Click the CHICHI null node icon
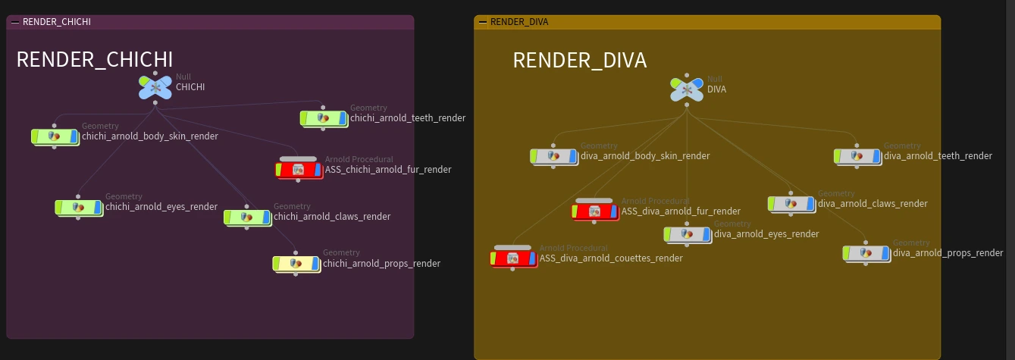coord(155,87)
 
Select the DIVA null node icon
coord(687,89)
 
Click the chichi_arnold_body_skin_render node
coord(55,136)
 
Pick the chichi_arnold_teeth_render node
coord(324,118)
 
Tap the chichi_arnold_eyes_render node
coord(79,208)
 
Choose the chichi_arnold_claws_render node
coord(247,218)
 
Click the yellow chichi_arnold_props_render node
coord(296,264)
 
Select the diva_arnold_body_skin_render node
coord(554,157)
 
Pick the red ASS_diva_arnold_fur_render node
coord(595,211)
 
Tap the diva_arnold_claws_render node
coord(791,204)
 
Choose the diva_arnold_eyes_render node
coord(688,234)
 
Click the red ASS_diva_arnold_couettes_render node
coord(513,258)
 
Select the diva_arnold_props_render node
coord(866,254)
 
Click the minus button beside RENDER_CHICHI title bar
coord(15,22)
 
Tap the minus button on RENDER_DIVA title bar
coord(483,22)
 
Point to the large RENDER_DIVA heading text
coord(580,60)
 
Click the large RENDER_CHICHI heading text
coord(94,59)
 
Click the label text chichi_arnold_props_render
coord(381,264)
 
